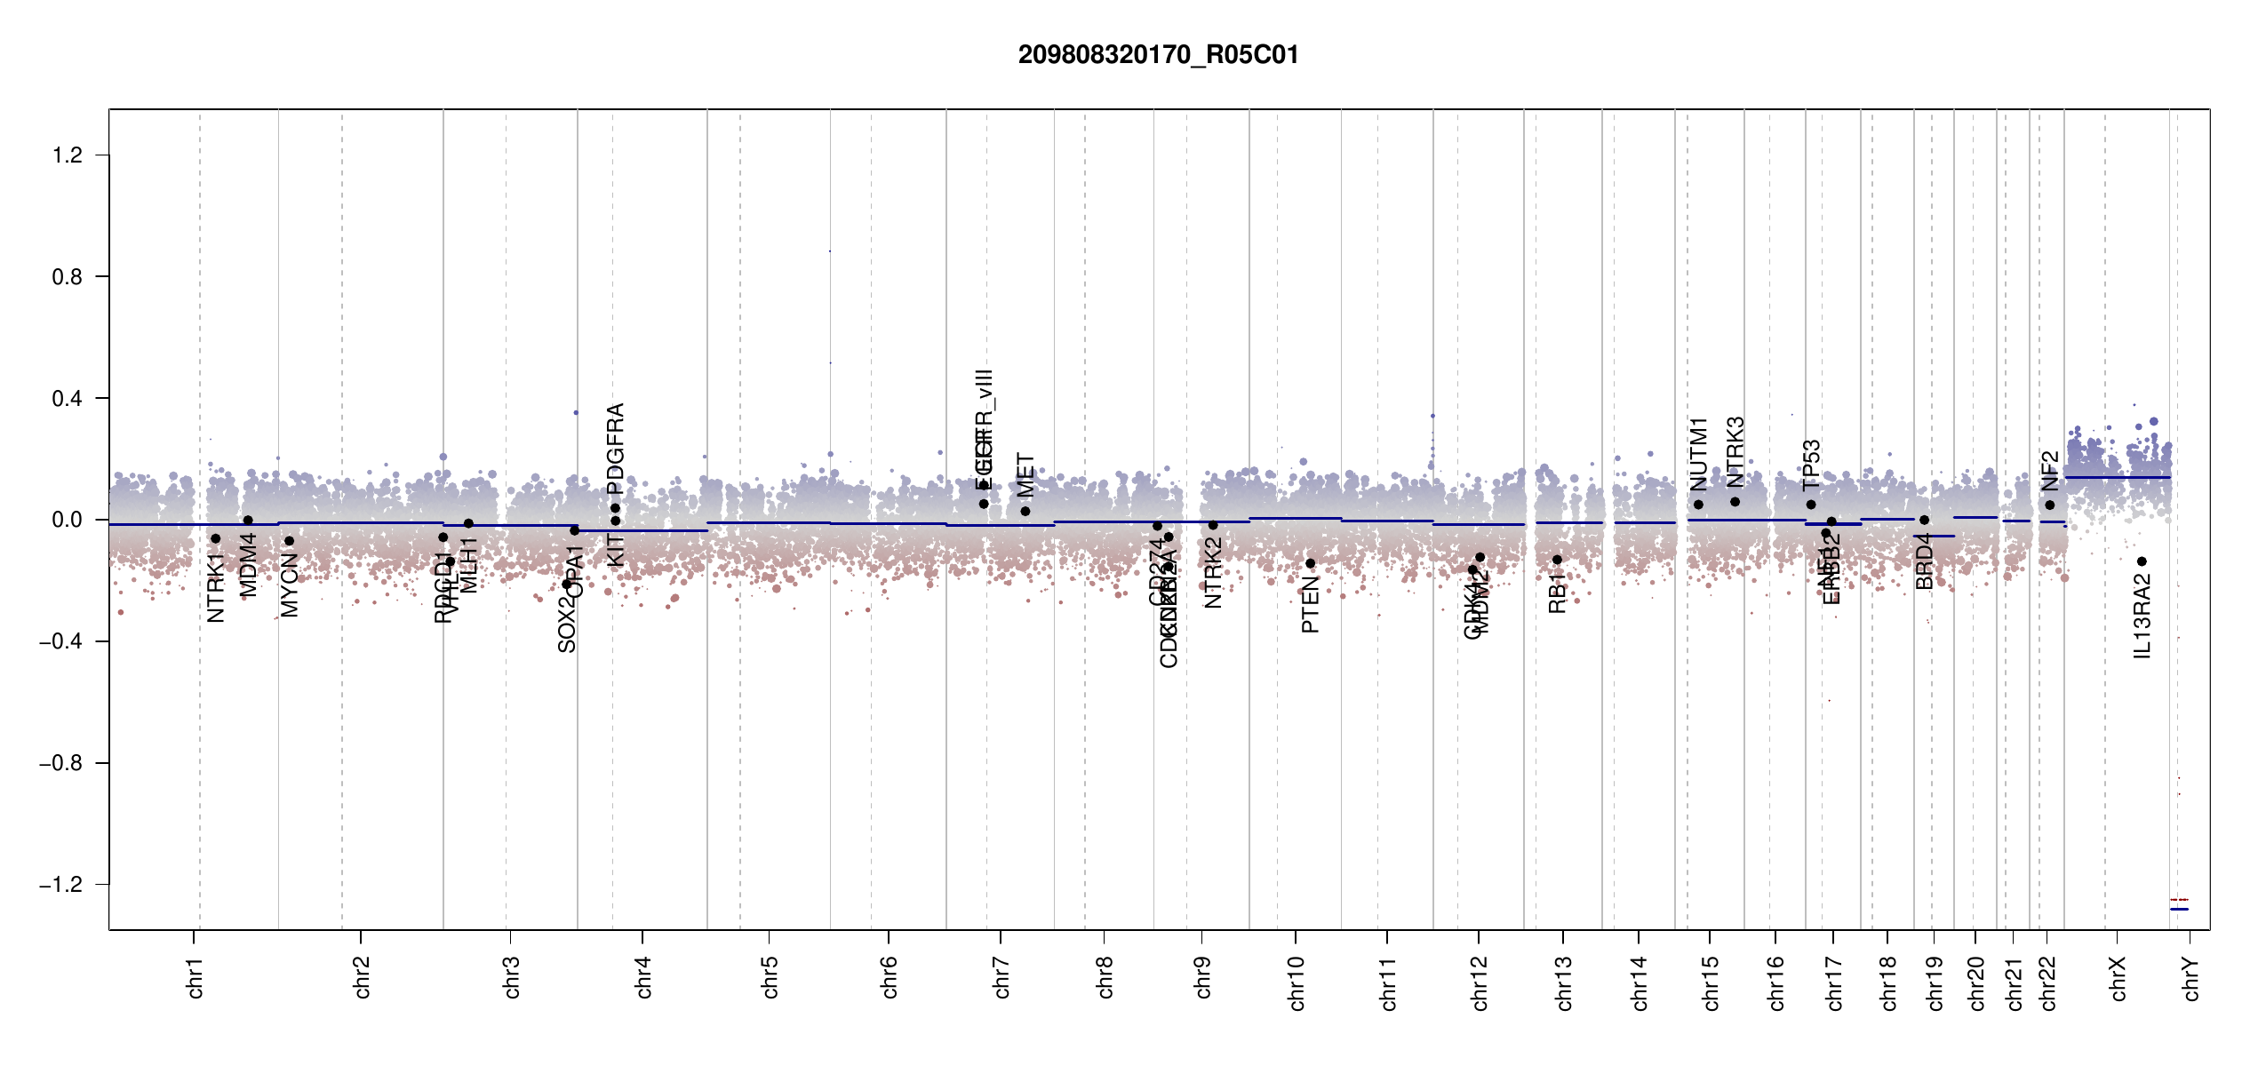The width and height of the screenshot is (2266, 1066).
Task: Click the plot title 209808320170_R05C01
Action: (x=1158, y=55)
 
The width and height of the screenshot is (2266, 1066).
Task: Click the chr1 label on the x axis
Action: (x=195, y=977)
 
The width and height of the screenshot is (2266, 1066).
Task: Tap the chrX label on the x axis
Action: (x=2118, y=978)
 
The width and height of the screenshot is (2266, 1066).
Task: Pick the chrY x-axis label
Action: (x=2191, y=978)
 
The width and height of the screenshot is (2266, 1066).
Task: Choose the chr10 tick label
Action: (x=1297, y=982)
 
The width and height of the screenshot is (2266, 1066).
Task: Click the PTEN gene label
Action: (x=1310, y=605)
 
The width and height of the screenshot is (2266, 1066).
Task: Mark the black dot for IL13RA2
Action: (x=2142, y=561)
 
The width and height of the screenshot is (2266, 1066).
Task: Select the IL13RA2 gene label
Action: (x=2142, y=617)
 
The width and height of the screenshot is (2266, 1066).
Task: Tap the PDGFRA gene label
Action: (x=615, y=448)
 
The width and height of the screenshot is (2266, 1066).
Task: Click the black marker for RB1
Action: (x=1557, y=560)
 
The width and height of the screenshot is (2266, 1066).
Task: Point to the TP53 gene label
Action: (x=1811, y=465)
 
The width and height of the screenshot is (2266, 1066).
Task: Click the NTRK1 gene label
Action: (x=215, y=587)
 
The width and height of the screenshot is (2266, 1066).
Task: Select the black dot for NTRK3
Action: (x=1735, y=502)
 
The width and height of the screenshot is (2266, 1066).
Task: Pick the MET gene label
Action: (x=1025, y=475)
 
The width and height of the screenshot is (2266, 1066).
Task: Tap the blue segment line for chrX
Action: (x=2117, y=478)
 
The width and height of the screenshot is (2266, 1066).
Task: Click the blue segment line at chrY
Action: (x=2179, y=909)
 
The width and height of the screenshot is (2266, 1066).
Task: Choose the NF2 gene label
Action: (x=2049, y=471)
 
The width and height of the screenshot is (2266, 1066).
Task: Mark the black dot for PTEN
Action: (x=1310, y=563)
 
